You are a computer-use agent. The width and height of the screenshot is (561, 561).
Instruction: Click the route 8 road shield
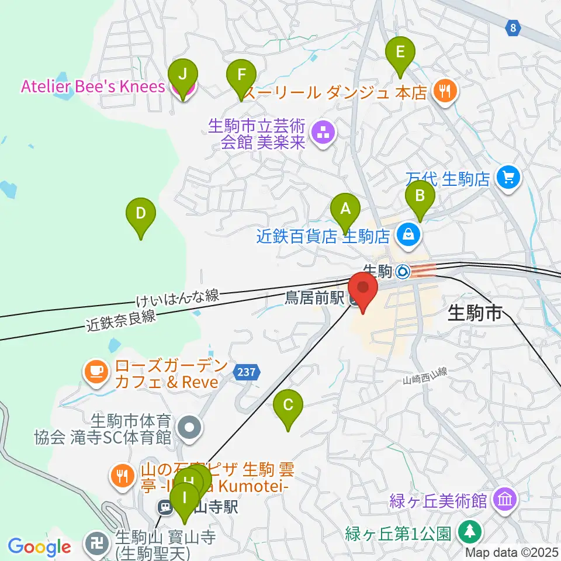(x=513, y=27)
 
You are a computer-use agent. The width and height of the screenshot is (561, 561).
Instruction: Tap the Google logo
(x=39, y=547)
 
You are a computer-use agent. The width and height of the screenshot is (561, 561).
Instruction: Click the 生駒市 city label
(x=475, y=314)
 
